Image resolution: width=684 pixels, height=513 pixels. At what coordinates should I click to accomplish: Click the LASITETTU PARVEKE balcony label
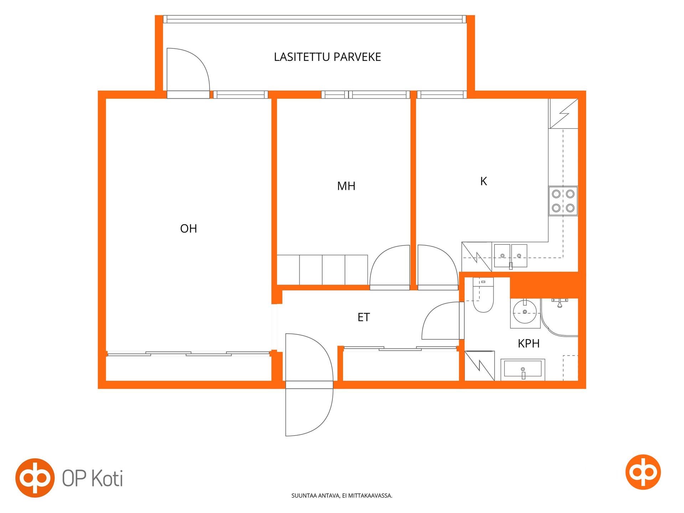coord(327,57)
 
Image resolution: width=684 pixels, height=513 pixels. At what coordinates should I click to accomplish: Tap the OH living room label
coord(188,228)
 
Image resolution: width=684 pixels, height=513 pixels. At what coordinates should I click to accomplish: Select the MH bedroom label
coord(346,186)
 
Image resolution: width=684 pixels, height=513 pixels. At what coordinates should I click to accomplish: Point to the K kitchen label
coord(483,181)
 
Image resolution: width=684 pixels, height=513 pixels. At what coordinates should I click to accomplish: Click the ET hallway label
coord(364,317)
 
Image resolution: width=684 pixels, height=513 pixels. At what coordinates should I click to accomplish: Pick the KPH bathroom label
coord(529,343)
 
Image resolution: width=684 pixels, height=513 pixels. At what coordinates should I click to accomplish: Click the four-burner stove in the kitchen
coord(563,201)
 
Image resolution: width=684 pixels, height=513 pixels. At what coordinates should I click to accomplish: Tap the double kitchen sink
coord(511,256)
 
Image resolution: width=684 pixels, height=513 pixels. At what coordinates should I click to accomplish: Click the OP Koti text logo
coord(93,478)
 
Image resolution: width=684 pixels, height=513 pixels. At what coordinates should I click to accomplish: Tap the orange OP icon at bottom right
coord(643,472)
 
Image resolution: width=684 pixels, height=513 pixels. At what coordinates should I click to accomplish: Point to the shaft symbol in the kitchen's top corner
coord(563,113)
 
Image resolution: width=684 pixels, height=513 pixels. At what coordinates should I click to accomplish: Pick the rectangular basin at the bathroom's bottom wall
coord(523,369)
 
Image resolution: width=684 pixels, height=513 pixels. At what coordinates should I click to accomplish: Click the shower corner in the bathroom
coord(559,317)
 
